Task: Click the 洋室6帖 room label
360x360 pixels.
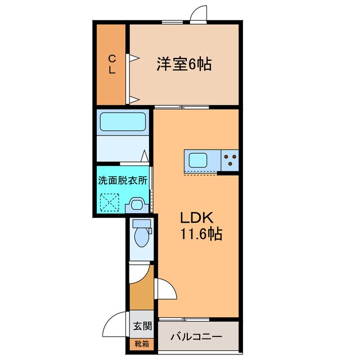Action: coord(184,64)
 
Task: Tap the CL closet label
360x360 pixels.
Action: coord(112,64)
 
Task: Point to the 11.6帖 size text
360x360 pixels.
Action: coord(201,233)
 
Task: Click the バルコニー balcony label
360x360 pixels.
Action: coord(197,337)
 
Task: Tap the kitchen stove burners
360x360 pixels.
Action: coord(229,160)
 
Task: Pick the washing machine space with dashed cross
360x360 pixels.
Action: coord(110,201)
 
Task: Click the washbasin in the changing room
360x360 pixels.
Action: coord(136,204)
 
